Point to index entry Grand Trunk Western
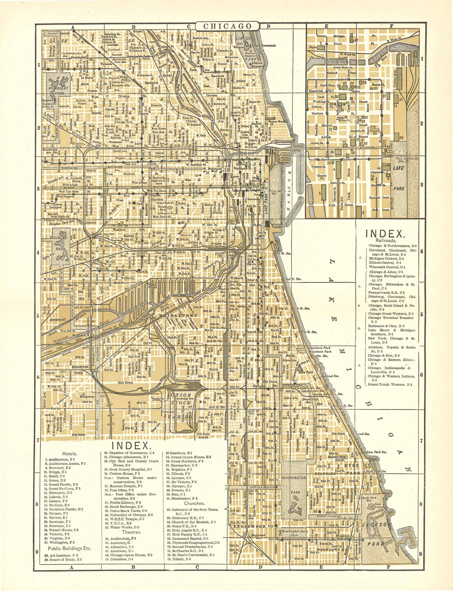click(390, 385)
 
